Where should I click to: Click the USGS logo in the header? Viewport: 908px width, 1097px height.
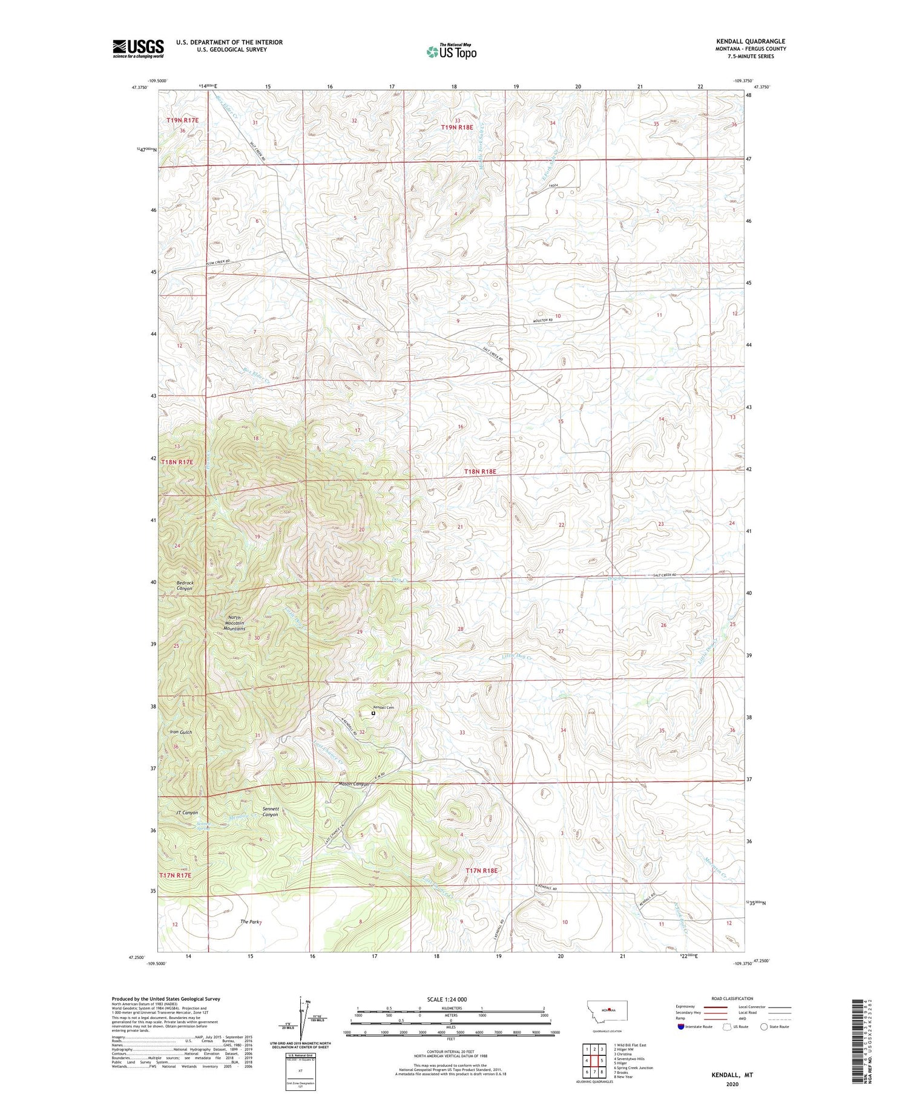click(x=138, y=48)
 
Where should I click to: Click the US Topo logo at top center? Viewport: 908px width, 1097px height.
click(x=451, y=52)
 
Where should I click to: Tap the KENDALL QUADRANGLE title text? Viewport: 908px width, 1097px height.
click(x=751, y=41)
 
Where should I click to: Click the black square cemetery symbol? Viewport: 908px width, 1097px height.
click(x=373, y=713)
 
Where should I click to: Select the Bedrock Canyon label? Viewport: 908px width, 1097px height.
click(x=184, y=585)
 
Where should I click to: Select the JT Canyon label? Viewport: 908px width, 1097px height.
click(x=186, y=812)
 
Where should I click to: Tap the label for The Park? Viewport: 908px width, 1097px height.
click(x=250, y=922)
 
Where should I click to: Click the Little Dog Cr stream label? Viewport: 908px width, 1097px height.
click(x=516, y=657)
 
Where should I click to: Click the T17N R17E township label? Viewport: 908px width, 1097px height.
click(x=175, y=875)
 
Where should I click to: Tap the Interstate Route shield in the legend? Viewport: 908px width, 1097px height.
click(x=680, y=1026)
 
